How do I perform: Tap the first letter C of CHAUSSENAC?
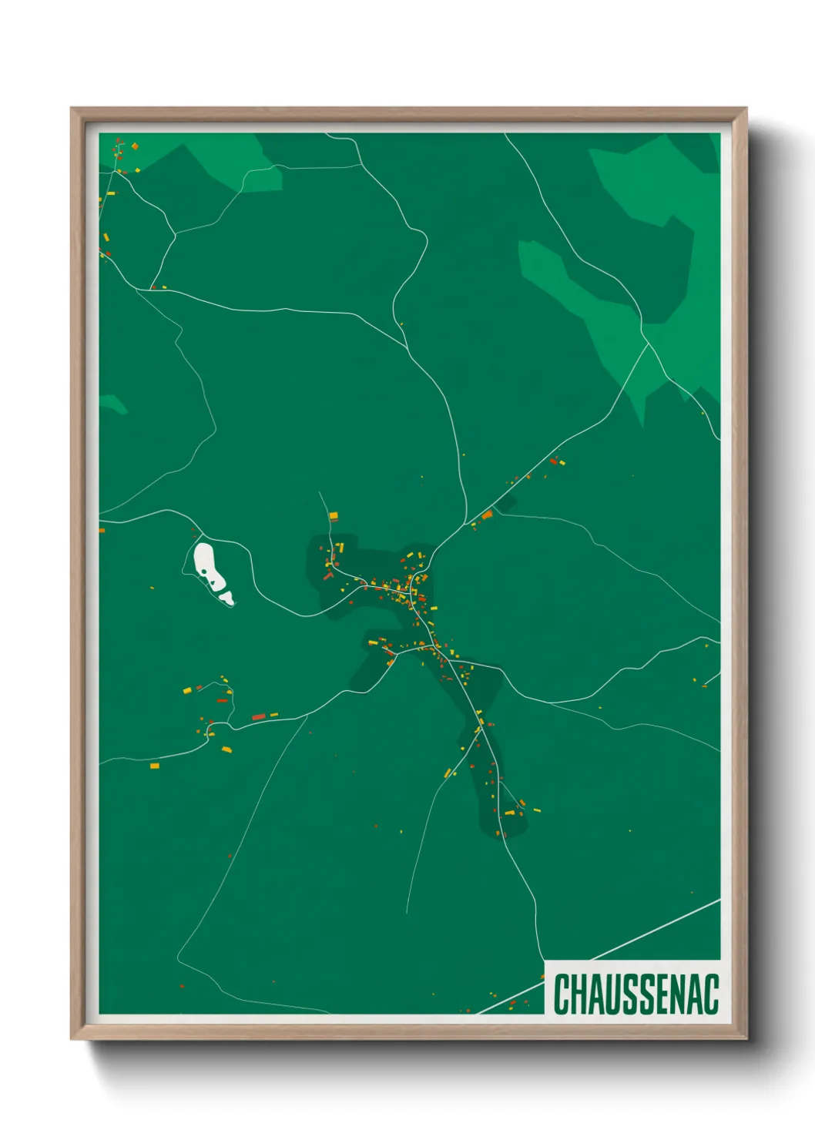[x=561, y=994]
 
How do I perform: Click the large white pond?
[x=206, y=564]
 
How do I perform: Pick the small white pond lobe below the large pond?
[x=226, y=597]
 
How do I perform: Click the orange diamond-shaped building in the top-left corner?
[x=135, y=146]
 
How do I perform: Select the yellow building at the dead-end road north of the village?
[x=333, y=516]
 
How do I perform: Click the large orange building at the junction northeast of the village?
[x=487, y=515]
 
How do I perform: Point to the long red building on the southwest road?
[x=259, y=718]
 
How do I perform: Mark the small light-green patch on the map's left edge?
[x=112, y=404]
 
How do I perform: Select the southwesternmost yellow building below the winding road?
[x=154, y=766]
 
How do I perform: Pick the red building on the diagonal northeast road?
[x=553, y=461]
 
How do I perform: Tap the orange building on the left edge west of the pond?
[x=102, y=531]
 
